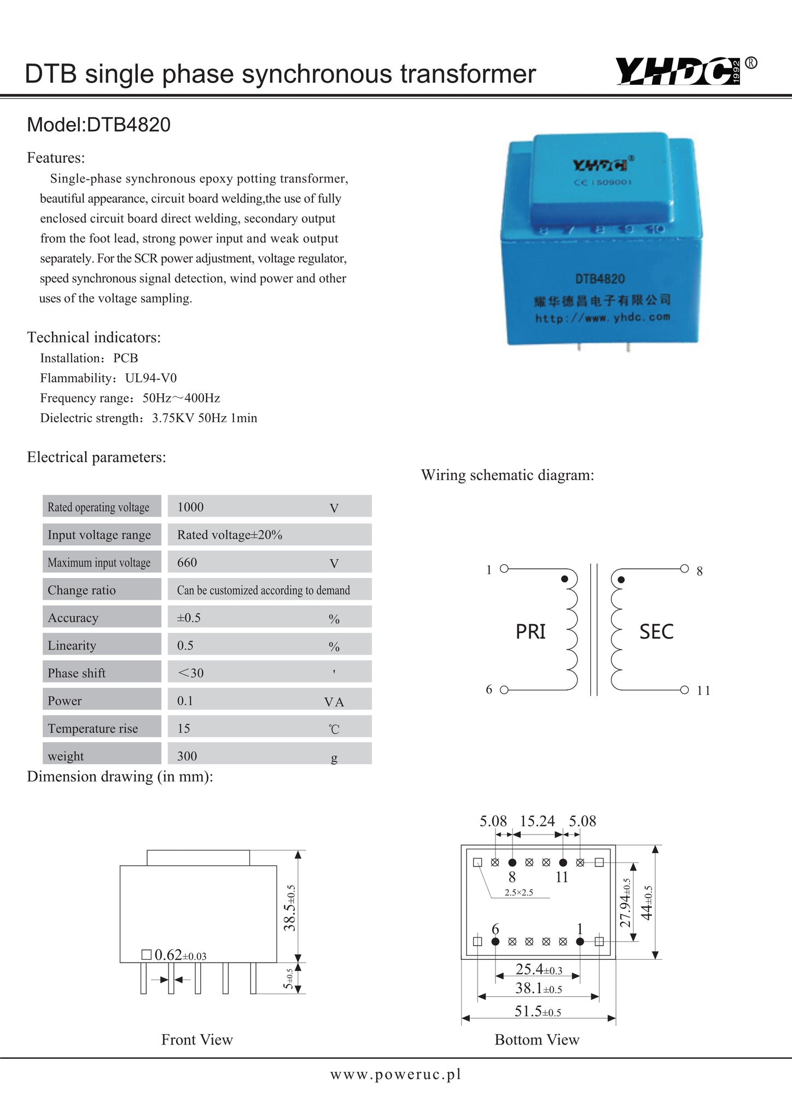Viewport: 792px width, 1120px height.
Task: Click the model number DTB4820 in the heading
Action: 129,125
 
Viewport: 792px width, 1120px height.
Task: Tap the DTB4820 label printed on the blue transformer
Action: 599,279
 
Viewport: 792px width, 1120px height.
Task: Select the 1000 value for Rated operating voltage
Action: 190,507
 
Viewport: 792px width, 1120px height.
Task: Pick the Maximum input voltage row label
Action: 99,563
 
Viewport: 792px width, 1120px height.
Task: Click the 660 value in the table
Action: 187,562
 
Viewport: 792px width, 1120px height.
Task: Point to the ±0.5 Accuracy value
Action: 189,618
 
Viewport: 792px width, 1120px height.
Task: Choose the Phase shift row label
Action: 77,673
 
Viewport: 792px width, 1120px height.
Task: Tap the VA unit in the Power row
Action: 334,702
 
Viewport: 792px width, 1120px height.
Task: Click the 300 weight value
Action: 187,756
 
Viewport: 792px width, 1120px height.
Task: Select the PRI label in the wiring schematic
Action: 531,632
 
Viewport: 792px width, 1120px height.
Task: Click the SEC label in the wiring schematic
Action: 656,632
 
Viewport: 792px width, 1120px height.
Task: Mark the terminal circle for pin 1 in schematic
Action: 504,569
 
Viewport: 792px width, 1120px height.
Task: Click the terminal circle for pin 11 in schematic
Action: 684,690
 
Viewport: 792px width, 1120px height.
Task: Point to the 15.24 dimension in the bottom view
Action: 537,821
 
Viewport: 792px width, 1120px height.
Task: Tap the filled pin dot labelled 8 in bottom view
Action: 513,862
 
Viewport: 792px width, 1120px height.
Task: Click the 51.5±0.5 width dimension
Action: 538,1012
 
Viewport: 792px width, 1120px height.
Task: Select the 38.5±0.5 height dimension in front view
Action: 290,908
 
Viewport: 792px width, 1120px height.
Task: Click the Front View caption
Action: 197,1040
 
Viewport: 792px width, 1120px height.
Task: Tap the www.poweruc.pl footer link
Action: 396,1075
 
